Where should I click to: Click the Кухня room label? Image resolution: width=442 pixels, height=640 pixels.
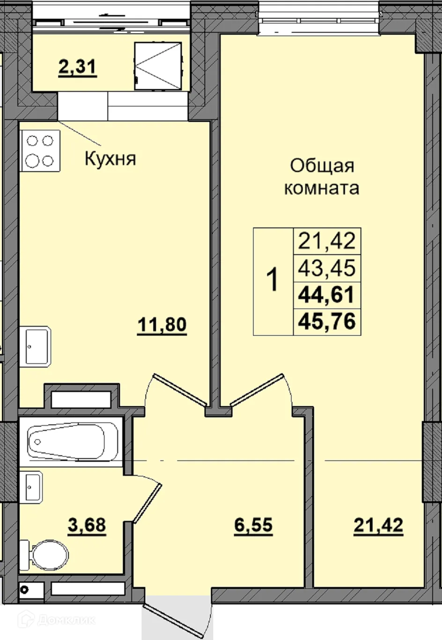click(110, 159)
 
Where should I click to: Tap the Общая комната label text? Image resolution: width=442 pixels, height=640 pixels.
click(322, 177)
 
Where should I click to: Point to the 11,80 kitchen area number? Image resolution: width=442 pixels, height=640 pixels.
click(162, 324)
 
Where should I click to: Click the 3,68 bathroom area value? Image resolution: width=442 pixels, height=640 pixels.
click(87, 525)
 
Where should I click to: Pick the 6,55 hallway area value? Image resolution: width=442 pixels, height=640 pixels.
click(253, 525)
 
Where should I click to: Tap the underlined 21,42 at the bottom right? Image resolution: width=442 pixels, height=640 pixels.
click(378, 525)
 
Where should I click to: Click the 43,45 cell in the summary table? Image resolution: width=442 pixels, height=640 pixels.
click(327, 268)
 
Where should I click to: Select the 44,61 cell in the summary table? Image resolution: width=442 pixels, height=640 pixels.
click(327, 295)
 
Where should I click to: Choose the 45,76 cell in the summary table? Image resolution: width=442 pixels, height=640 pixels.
click(327, 322)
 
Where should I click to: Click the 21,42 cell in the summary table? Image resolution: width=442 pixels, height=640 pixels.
click(327, 241)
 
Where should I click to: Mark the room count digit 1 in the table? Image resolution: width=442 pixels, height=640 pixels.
click(272, 280)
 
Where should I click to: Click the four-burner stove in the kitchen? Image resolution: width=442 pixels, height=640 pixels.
click(40, 151)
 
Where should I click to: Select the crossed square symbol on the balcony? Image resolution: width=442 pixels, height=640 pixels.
click(157, 65)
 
